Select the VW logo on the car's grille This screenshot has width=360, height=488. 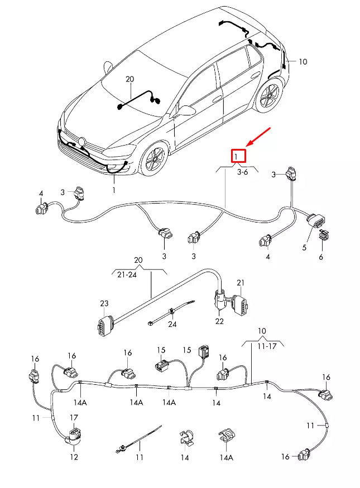point(83,141)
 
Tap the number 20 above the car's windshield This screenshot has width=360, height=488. point(129,80)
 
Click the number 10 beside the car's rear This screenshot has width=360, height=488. point(303,62)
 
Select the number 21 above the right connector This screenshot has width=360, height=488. point(241,283)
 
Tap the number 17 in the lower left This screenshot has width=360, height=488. point(74,417)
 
